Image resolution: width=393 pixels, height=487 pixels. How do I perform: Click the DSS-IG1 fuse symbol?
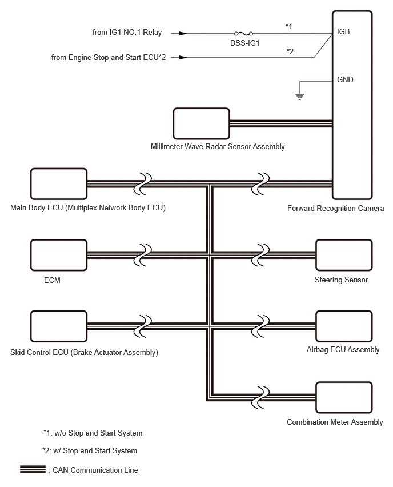coord(243,33)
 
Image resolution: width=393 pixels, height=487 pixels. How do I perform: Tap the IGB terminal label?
coord(343,31)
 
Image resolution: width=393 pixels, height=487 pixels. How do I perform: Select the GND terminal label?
coord(345,80)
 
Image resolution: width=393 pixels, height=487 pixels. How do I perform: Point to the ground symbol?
coord(299,97)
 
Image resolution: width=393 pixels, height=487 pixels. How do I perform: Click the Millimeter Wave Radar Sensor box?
coord(201,123)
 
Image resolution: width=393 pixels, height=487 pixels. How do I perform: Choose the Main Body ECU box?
coord(59,184)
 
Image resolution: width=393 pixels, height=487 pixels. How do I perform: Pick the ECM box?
coord(59,255)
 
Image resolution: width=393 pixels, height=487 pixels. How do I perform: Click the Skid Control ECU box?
coord(59,326)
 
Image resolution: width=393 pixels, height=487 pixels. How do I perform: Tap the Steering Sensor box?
coord(344,255)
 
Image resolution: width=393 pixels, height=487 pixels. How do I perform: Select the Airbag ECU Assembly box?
coord(344,326)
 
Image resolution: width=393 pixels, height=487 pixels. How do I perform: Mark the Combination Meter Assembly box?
coord(344,397)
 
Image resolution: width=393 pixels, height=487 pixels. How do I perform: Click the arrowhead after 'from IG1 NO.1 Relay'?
coord(183,33)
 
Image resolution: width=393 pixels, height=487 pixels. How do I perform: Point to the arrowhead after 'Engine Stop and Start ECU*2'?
coord(183,58)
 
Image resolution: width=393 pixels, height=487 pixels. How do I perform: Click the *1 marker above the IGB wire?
coord(289,26)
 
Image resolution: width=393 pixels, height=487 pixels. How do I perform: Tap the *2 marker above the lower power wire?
coord(290,51)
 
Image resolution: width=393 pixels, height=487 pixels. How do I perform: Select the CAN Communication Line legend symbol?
coord(33,469)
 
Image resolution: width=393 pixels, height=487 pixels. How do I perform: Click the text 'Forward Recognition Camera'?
coord(335,209)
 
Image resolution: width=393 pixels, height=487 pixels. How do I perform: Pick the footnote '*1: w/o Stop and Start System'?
coord(93,433)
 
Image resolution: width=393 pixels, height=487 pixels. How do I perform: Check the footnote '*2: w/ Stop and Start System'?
coord(90,450)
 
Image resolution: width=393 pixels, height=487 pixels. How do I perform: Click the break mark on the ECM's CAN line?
coord(142,255)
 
